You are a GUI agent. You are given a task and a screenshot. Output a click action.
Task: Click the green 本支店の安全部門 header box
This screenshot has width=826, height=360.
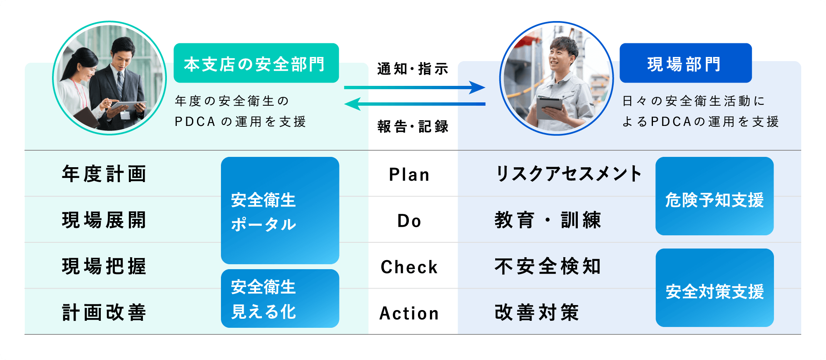point(256,63)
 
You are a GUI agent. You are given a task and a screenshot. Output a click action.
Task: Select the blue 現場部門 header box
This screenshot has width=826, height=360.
point(686,63)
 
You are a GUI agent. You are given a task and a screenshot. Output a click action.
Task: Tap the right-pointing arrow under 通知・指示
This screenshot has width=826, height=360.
point(415,88)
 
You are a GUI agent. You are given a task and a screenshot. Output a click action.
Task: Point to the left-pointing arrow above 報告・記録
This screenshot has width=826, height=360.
point(415,104)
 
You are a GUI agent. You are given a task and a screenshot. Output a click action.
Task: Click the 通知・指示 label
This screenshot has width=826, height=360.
point(413,69)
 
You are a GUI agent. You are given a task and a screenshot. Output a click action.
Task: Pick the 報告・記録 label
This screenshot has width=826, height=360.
point(413,126)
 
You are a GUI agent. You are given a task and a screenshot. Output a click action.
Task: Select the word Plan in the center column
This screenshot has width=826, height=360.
point(409,175)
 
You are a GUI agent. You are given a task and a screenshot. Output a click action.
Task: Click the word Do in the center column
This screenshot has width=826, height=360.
point(409,221)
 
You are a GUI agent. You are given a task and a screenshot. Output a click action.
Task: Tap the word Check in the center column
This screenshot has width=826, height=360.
point(409,267)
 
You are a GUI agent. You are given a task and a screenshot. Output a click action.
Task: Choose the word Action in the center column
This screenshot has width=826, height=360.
point(409,313)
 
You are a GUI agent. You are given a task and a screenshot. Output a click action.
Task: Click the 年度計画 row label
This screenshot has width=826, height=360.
point(104,174)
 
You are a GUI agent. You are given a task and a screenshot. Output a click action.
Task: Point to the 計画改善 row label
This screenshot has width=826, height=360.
point(104,313)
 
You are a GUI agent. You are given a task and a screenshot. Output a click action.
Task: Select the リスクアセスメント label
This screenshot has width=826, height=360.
point(568,174)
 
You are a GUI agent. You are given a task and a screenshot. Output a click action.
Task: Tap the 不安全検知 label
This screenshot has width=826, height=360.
point(548,266)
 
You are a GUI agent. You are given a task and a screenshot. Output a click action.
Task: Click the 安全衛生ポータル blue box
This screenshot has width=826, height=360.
point(280,211)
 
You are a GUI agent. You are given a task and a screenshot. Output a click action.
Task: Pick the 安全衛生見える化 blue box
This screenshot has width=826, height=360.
point(280,298)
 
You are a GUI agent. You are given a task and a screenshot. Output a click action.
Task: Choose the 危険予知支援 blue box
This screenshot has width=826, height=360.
point(714,196)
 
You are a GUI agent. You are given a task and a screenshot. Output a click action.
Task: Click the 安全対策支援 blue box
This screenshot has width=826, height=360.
point(714,288)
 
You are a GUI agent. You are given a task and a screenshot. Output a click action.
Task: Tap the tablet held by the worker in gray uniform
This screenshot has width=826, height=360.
point(549,108)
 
